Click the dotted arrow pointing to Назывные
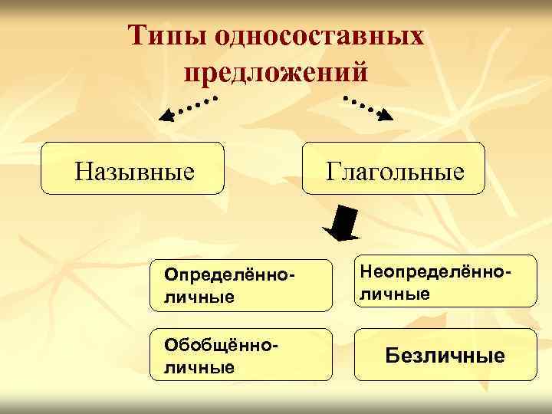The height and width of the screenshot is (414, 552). pos(187,108)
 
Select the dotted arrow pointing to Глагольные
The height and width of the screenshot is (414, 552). pos(367,108)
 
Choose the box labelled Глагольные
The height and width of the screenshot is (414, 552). pos(394,167)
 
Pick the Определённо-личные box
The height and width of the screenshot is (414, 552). pos(241,284)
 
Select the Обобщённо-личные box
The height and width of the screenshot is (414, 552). pos(241,355)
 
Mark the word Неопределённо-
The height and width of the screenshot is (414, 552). pos(435,272)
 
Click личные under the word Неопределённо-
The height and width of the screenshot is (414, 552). pos(394,293)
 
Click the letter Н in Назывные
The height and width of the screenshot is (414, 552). pos(83,168)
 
